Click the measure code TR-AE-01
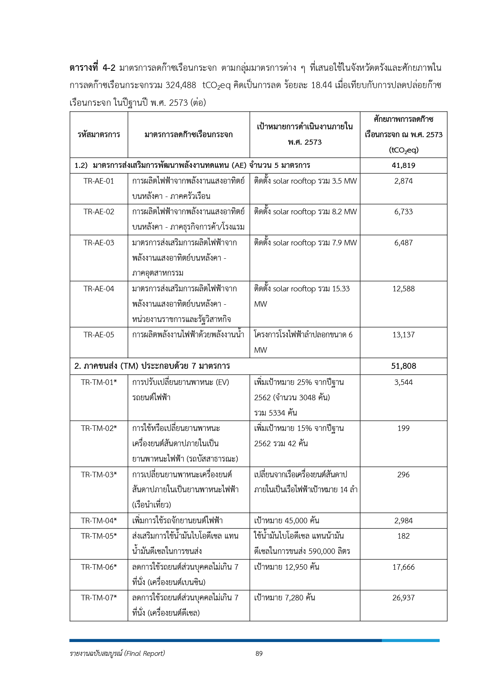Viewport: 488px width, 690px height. tap(99, 181)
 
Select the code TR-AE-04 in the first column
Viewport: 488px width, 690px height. tap(99, 289)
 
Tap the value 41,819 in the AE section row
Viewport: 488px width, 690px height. tap(403, 166)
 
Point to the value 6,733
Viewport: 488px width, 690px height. tap(403, 212)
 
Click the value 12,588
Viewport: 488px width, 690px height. tap(403, 289)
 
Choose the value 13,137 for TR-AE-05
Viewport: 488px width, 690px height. tap(403, 335)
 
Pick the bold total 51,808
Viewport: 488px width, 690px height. tap(403, 366)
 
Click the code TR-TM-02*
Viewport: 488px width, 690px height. tap(99, 429)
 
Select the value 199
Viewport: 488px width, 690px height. tap(403, 429)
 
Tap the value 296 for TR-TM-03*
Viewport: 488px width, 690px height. tap(403, 475)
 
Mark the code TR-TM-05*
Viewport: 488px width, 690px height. tap(99, 536)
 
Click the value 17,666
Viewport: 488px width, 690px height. tap(403, 567)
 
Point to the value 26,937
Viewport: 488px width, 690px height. tap(403, 598)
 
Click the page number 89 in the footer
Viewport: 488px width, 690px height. tap(259, 654)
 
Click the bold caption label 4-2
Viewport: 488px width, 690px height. tap(109, 68)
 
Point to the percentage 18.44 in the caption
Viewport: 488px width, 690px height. tap(321, 85)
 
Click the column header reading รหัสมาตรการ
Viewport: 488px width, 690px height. tap(99, 135)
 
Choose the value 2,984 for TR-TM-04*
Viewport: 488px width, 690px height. tap(403, 521)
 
